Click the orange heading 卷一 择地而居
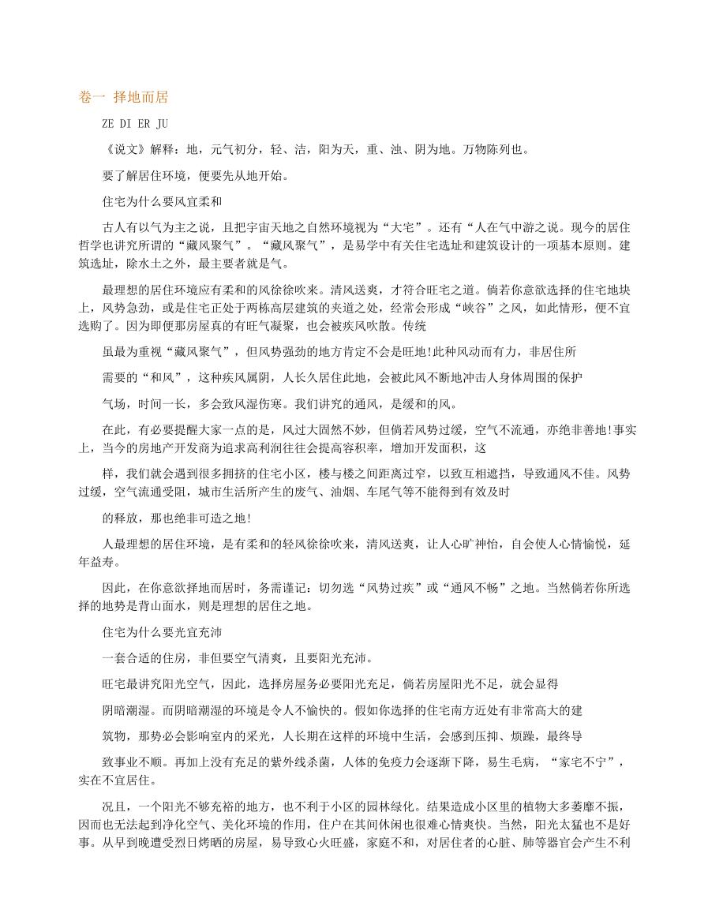point(124,97)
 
